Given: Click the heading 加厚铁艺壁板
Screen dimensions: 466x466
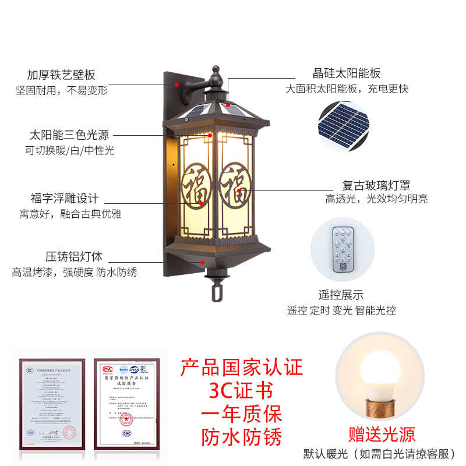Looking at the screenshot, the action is (x=61, y=75).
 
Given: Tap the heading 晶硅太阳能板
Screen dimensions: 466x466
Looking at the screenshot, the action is (x=347, y=73).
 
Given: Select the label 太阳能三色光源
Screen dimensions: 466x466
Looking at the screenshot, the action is (x=69, y=136).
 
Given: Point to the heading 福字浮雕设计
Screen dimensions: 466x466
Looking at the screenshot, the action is (x=65, y=198).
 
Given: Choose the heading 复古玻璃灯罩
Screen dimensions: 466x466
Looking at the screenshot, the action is (x=376, y=185).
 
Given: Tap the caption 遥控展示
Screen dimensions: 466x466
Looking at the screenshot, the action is (x=341, y=295).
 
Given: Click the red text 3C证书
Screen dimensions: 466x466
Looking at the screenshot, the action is (x=241, y=390).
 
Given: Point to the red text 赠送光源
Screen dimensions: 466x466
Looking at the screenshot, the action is (x=382, y=434).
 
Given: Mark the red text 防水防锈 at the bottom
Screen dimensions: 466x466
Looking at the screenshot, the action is (x=241, y=436).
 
